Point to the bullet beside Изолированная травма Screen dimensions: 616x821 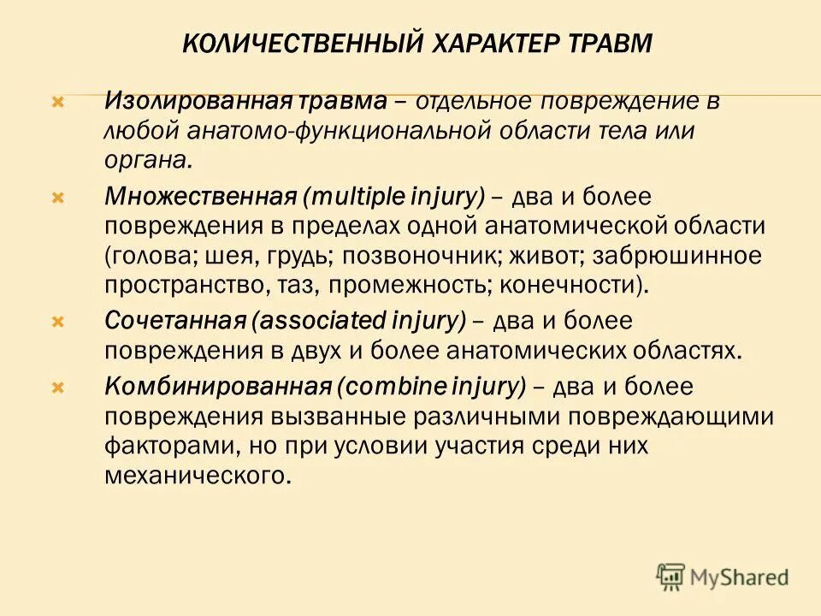pyautogui.click(x=58, y=102)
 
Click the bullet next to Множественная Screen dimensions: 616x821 pyautogui.click(x=58, y=197)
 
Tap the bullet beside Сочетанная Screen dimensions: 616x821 pyautogui.click(x=58, y=323)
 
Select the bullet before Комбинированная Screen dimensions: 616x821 pyautogui.click(x=58, y=388)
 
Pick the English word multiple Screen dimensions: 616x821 pyautogui.click(x=348, y=197)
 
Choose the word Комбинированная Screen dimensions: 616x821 pyautogui.click(x=217, y=387)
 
